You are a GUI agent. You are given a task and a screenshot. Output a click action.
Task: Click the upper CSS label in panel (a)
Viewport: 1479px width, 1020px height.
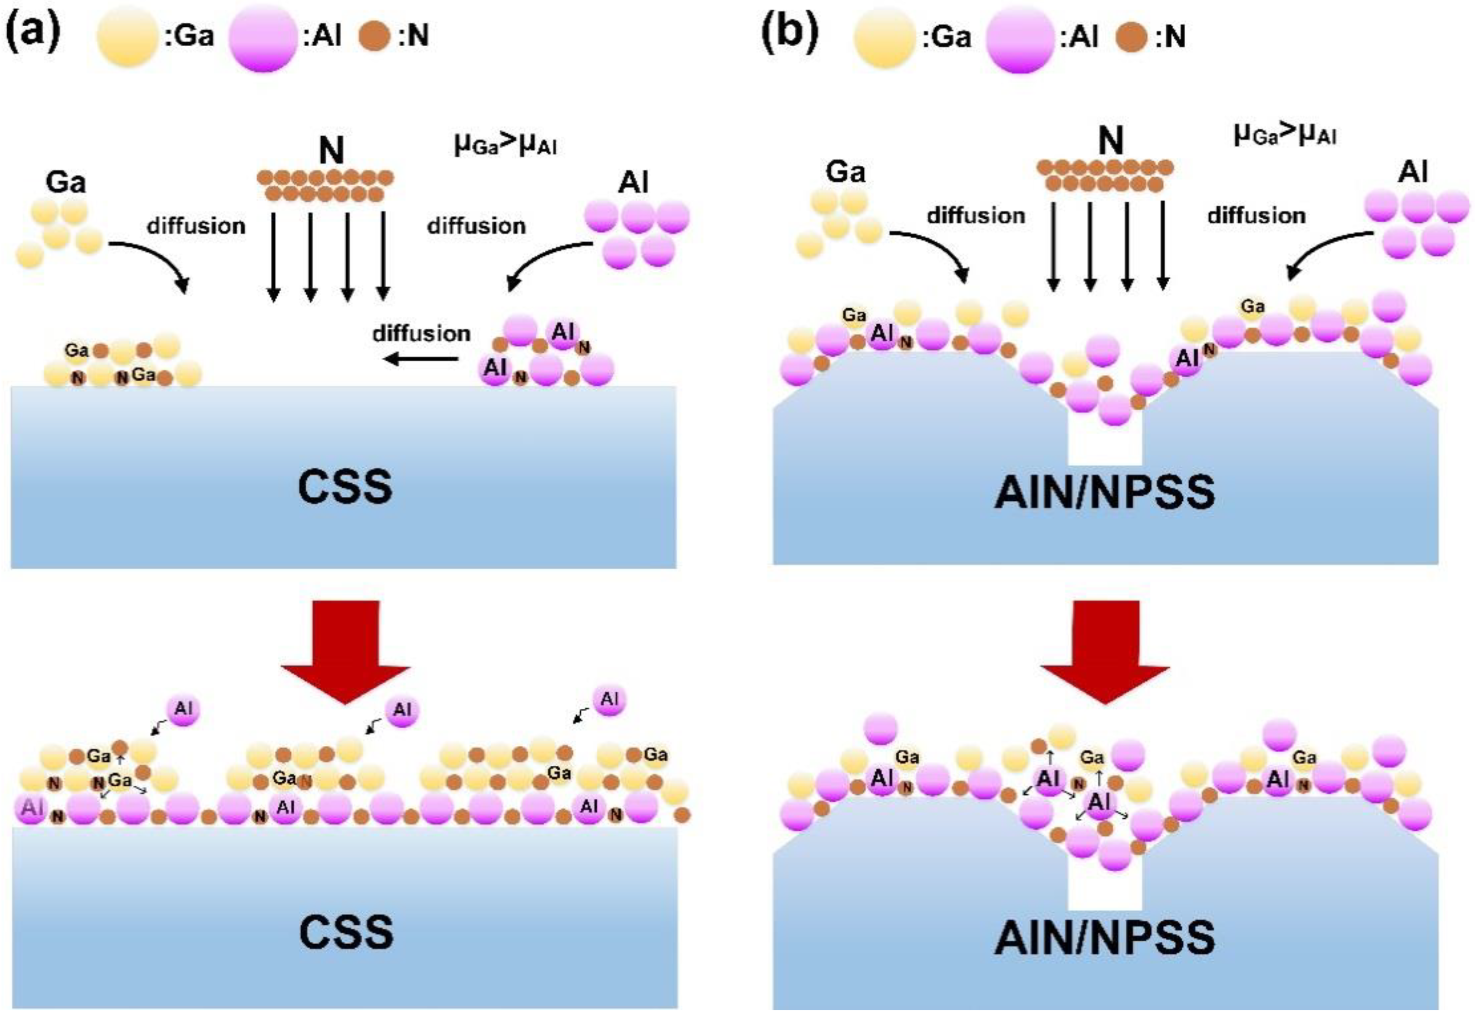coord(345,487)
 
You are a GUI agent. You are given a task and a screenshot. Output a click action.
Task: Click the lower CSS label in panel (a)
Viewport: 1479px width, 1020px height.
coord(346,932)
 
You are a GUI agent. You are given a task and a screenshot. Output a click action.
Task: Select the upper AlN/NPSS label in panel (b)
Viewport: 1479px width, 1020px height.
coord(1105,492)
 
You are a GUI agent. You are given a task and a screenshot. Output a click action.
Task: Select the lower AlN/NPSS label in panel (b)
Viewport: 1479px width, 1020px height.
coord(1105,937)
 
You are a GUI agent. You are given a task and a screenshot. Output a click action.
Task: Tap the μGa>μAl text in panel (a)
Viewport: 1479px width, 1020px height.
coord(505,145)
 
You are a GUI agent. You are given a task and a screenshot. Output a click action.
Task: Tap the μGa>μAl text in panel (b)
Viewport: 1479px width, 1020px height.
coord(1284,135)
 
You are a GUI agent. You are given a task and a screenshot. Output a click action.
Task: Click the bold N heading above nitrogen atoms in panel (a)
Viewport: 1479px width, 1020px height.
coord(331,151)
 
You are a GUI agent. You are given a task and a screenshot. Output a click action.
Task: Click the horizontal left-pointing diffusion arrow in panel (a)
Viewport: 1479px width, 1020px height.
coord(421,360)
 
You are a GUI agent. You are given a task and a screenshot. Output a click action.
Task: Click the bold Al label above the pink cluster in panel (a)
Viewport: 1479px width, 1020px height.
coord(633,183)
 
